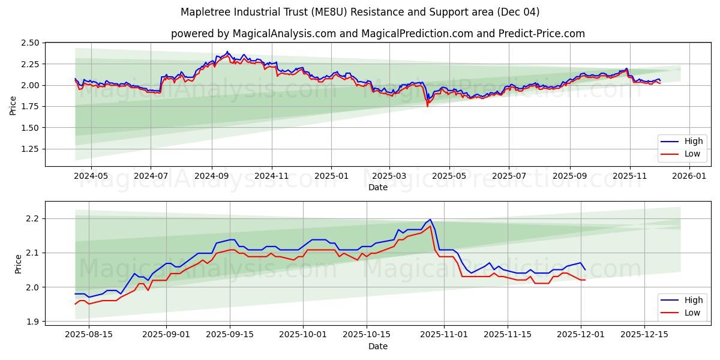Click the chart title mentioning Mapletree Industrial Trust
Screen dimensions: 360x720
pos(360,12)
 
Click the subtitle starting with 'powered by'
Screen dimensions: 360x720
pos(378,34)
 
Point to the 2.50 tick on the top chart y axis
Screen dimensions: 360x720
pos(30,43)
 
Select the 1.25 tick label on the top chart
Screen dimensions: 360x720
pos(30,149)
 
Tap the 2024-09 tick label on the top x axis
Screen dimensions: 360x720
pos(211,176)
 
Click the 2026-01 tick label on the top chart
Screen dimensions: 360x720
pos(689,176)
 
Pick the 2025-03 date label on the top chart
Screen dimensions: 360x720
pos(389,176)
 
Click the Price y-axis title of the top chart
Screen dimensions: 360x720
pos(13,105)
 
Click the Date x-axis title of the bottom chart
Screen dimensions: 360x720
pos(378,346)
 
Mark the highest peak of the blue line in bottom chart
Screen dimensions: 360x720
pos(430,220)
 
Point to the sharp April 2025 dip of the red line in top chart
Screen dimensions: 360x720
pos(427,106)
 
